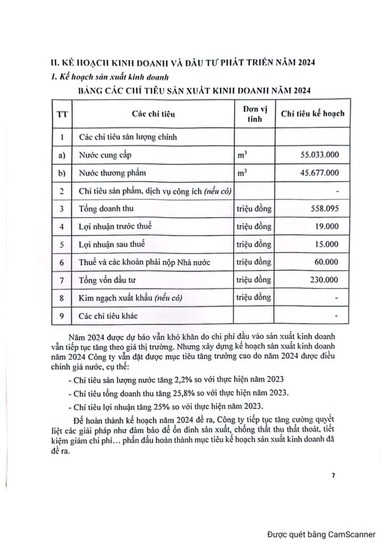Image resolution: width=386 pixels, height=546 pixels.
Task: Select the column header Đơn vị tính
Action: (x=254, y=114)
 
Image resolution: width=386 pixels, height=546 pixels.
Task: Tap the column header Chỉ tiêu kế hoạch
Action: (x=312, y=114)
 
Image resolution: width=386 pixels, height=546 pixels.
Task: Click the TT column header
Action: (x=61, y=114)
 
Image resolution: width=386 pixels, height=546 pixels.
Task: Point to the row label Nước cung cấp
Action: (x=104, y=155)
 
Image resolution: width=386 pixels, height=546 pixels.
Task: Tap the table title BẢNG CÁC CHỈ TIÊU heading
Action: (x=193, y=91)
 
